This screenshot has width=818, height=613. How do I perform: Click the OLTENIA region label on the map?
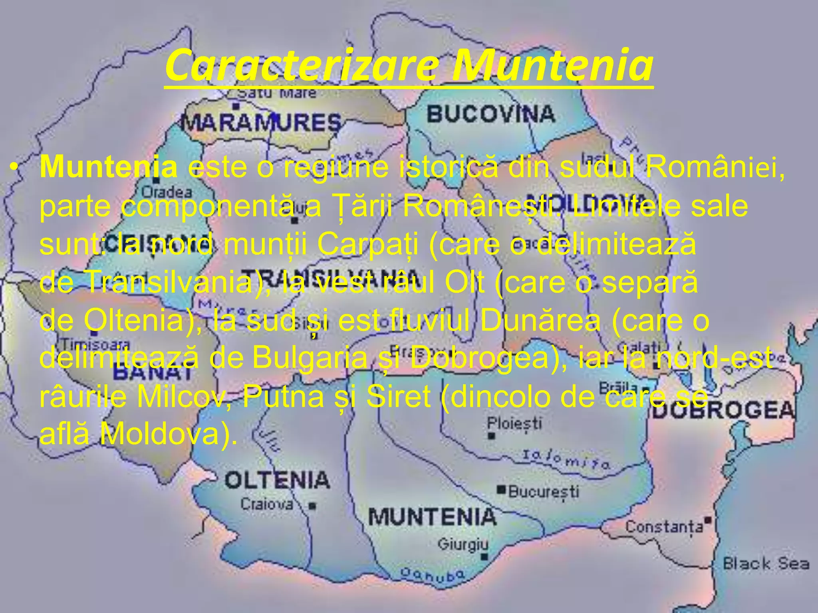coord(277,480)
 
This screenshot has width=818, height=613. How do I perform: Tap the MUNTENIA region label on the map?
coord(432,517)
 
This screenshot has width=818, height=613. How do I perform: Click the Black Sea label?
coord(766,564)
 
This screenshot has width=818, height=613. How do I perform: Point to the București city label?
coord(544,491)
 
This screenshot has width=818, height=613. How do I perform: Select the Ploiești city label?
coord(514,423)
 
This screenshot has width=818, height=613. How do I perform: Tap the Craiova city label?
coord(267,504)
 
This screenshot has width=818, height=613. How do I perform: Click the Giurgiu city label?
coord(463,544)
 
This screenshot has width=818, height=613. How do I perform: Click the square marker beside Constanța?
coord(709,520)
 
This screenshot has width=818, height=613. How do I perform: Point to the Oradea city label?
coord(167,192)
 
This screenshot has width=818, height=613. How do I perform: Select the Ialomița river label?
coord(566,459)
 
